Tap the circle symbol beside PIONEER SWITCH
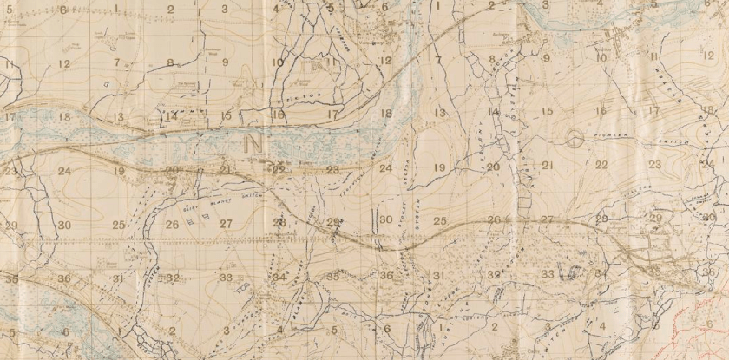[x=574, y=137]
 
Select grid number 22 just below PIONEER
[x=601, y=164]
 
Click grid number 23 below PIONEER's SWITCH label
[x=655, y=164]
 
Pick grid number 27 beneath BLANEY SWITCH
[x=227, y=224]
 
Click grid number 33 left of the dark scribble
[x=548, y=274]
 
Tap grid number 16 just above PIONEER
[x=601, y=110]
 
